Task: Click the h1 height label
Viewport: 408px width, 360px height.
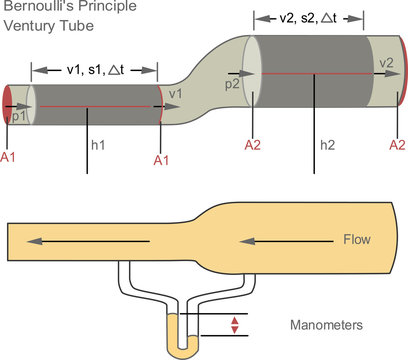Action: click(x=99, y=145)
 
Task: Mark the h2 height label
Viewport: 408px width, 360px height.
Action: click(x=327, y=145)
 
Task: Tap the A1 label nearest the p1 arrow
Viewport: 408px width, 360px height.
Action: click(x=11, y=158)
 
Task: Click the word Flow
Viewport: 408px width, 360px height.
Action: click(x=357, y=240)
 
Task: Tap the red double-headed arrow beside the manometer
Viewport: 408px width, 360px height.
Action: click(x=235, y=324)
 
